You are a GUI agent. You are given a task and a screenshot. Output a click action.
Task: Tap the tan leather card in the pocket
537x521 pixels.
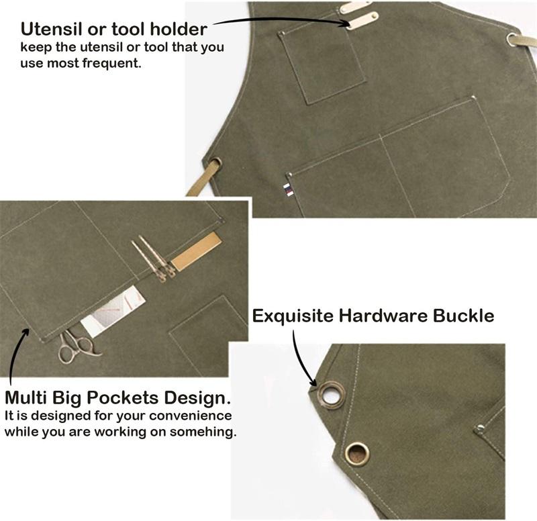196,251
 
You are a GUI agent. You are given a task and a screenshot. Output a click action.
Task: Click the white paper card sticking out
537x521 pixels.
113,312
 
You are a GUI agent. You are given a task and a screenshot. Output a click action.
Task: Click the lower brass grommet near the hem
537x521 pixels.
357,453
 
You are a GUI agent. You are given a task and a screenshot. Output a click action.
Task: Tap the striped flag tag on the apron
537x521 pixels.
288,190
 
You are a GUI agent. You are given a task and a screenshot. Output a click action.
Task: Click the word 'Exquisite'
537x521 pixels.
293,316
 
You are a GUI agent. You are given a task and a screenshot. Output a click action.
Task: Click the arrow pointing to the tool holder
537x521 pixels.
281,19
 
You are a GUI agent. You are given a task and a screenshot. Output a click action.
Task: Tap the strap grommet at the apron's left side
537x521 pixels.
215,163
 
